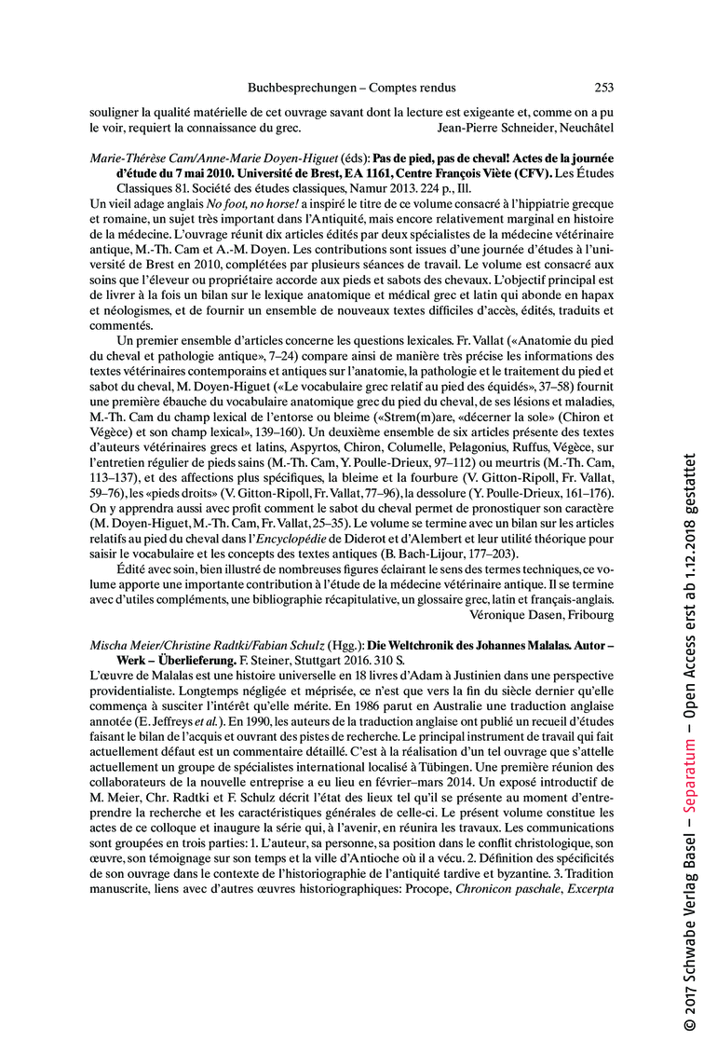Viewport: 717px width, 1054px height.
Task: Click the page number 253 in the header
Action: coord(603,88)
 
